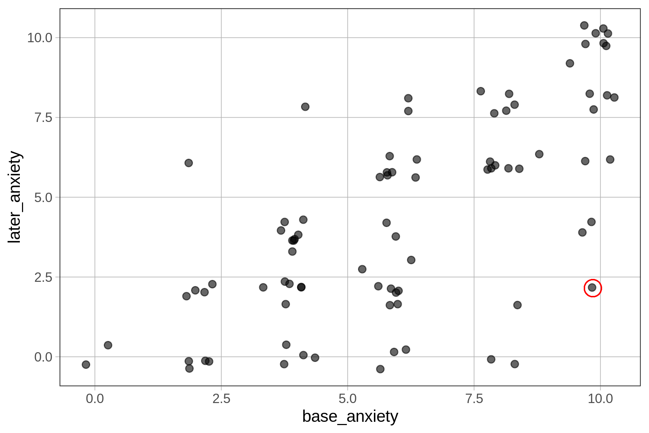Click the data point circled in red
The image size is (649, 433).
click(592, 288)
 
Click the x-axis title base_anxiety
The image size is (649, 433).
click(350, 416)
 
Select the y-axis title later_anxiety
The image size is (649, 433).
click(15, 197)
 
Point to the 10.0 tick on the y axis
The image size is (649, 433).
click(40, 38)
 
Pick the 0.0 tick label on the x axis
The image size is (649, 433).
click(95, 399)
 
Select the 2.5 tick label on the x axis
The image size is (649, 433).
click(221, 399)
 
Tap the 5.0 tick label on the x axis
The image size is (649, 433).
click(348, 399)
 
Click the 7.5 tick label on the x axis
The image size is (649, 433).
click(474, 399)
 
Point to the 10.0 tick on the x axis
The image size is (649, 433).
click(600, 399)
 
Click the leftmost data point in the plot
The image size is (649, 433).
click(86, 364)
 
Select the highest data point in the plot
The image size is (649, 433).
click(584, 25)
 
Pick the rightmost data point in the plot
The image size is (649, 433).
click(614, 97)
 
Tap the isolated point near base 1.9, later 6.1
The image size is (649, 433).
click(189, 163)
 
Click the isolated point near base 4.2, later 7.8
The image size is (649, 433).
click(305, 107)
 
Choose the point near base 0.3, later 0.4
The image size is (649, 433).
click(108, 345)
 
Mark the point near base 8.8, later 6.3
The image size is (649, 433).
click(539, 154)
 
